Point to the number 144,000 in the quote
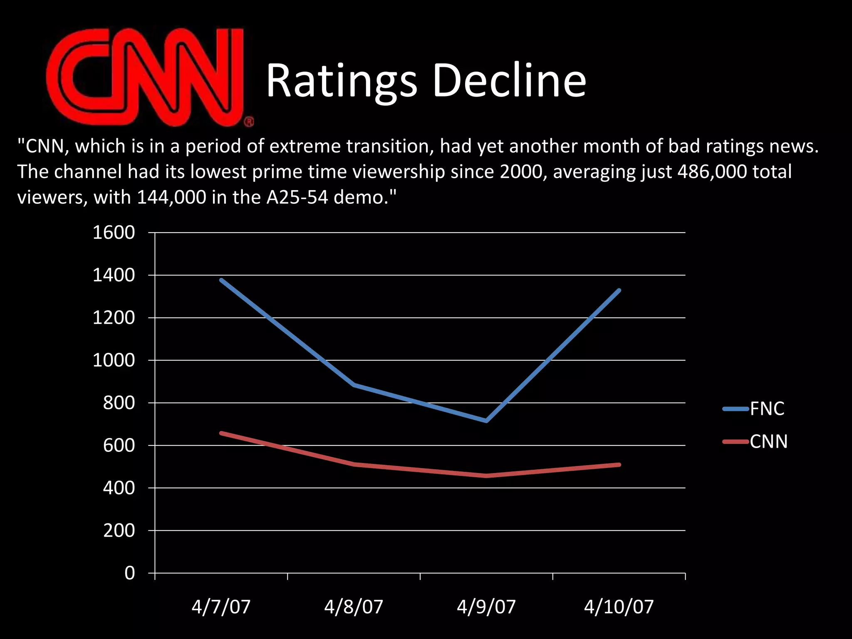(x=171, y=197)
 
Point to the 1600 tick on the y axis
(x=114, y=233)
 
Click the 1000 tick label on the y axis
(x=114, y=360)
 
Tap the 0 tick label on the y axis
(x=129, y=573)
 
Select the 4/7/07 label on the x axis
(x=221, y=607)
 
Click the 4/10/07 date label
(x=619, y=607)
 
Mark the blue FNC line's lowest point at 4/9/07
(x=486, y=421)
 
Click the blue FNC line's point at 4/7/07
(x=221, y=280)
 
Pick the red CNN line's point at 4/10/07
(x=619, y=465)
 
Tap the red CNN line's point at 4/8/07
(x=354, y=464)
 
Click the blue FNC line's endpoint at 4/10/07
(x=619, y=290)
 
